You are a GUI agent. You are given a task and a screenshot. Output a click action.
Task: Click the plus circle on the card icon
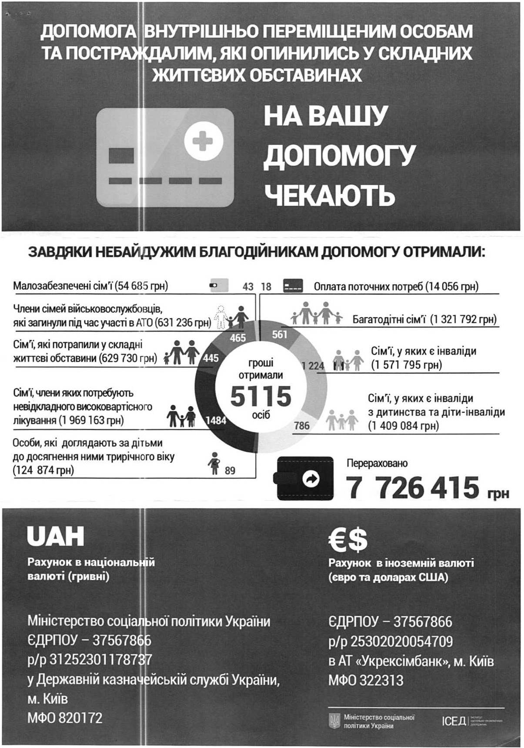(204, 141)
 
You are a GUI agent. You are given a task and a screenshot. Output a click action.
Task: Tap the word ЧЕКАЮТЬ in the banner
(330, 195)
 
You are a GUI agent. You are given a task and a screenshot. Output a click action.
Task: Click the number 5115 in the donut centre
(260, 396)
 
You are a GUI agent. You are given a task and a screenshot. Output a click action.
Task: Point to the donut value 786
(302, 425)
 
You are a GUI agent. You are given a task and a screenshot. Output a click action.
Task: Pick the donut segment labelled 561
(280, 334)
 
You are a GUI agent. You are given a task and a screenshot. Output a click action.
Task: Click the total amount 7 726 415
(413, 487)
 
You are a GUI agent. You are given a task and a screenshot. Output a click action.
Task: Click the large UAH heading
(55, 536)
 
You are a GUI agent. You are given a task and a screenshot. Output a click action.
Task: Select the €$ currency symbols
(348, 539)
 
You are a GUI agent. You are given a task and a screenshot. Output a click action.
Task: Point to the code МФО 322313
(366, 680)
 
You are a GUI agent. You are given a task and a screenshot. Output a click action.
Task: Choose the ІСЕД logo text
(454, 721)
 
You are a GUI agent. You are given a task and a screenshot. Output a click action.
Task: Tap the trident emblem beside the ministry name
(334, 721)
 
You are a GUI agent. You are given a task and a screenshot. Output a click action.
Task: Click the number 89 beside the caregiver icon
(230, 470)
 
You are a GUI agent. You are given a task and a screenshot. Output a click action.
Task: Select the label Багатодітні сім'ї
(389, 320)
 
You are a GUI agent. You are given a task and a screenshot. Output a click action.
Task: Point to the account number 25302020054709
(401, 641)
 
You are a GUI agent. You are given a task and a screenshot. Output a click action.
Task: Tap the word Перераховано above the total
(377, 463)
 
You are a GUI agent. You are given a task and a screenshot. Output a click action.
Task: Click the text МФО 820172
(65, 718)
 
